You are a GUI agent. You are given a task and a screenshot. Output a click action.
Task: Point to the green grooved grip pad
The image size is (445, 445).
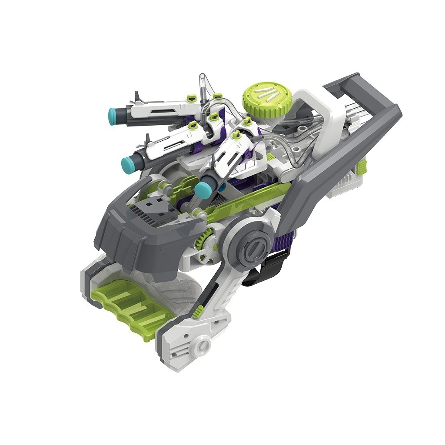pos(130,306)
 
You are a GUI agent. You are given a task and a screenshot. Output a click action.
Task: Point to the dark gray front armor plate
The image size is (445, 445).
pos(143,237)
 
